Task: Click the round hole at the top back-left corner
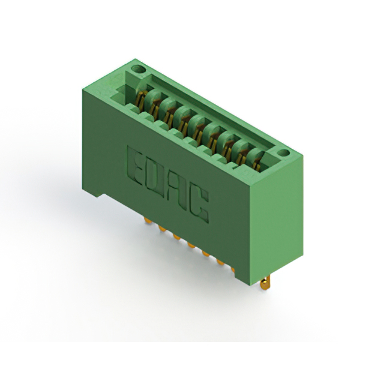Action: click(x=138, y=69)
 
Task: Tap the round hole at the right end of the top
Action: click(x=284, y=153)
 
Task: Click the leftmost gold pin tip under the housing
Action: click(x=147, y=221)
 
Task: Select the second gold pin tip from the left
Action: click(x=161, y=229)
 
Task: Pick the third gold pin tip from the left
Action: click(x=176, y=236)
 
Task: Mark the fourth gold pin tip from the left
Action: click(x=191, y=244)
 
